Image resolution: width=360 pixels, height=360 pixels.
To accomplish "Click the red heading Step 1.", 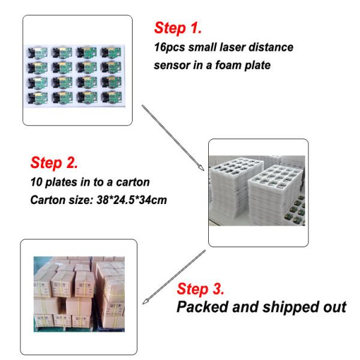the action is tap(178, 28).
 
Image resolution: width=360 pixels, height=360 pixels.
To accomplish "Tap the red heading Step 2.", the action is tap(54, 163).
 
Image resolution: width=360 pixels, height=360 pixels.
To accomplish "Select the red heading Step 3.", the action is tap(200, 289).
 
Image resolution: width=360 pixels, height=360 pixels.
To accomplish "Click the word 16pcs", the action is tap(170, 47).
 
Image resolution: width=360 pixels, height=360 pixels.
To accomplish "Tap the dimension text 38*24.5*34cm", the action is tap(131, 200).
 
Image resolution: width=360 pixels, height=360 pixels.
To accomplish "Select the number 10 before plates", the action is tap(36, 182).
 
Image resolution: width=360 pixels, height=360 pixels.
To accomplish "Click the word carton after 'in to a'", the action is tap(133, 182).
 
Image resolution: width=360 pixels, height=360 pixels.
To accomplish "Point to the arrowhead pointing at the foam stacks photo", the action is tap(202, 168).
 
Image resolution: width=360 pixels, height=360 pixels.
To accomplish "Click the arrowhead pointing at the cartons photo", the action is tap(145, 301).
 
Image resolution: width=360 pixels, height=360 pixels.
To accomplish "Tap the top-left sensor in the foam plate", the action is tap(38, 53).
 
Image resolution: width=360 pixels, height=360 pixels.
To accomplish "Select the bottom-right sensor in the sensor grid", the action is tap(112, 97).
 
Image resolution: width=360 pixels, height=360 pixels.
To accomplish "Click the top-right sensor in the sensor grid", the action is tap(112, 53).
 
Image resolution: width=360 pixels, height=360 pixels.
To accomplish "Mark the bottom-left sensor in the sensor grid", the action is tap(38, 97).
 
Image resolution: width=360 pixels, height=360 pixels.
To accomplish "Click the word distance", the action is tap(271, 47).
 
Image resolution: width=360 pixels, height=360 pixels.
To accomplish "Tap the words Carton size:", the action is tap(62, 200).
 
